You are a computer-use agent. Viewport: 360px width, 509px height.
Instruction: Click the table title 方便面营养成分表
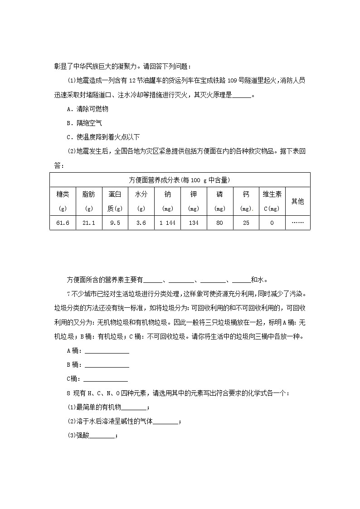(x=180, y=179)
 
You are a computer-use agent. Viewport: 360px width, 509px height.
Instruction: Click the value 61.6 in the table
(x=63, y=223)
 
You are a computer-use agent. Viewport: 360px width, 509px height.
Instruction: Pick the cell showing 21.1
(x=89, y=223)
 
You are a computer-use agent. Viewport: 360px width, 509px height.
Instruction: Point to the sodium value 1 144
(x=167, y=223)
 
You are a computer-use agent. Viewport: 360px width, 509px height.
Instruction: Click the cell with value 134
(x=194, y=223)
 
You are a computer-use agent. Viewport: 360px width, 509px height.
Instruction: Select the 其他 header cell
(x=297, y=201)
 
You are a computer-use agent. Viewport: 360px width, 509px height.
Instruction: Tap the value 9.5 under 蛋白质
(x=115, y=223)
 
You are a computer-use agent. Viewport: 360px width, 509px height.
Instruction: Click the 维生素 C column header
(x=272, y=201)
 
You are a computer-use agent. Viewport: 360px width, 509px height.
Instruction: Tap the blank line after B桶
(x=107, y=365)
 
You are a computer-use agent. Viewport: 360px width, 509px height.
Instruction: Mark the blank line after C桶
(x=106, y=379)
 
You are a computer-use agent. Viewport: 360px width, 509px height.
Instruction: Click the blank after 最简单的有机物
(x=135, y=407)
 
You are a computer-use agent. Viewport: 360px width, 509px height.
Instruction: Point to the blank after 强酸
(x=103, y=436)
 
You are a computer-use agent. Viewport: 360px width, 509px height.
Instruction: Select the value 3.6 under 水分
(x=141, y=223)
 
